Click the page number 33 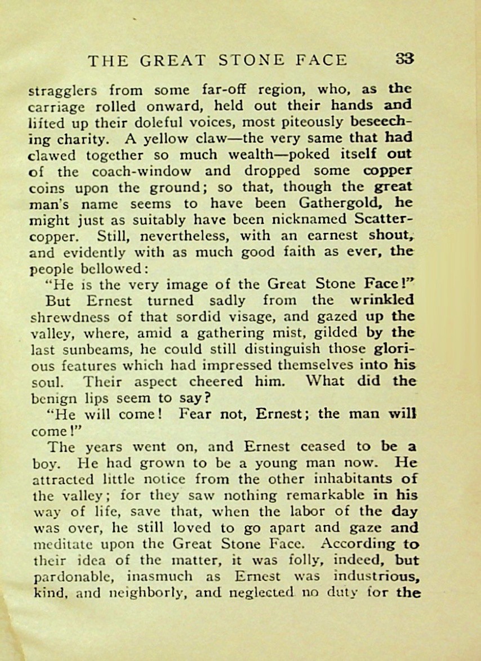[404, 59]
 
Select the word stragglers [62, 90]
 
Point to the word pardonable [67, 577]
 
